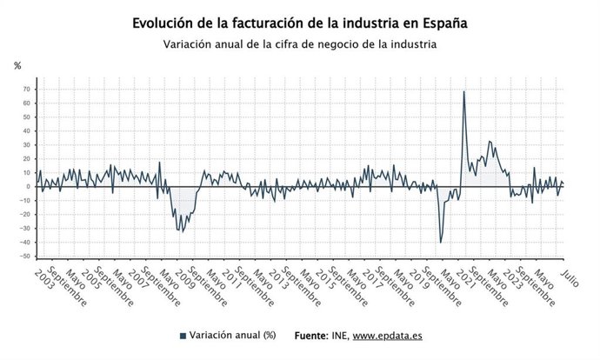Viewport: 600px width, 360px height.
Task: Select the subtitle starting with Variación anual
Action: point(299,44)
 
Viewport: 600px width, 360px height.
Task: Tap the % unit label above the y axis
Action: point(17,65)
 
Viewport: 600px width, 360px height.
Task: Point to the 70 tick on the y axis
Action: point(26,90)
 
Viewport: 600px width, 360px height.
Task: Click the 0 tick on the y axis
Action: point(29,187)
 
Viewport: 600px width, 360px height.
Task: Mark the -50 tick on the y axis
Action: point(25,257)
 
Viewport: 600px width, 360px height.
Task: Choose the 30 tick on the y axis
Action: point(26,145)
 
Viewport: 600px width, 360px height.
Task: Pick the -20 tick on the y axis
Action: point(25,215)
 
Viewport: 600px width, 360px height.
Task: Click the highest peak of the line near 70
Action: point(463,92)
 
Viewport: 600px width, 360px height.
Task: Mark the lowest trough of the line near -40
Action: point(441,242)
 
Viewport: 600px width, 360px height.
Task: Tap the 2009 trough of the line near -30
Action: point(181,231)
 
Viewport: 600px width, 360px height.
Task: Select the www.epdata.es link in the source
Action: point(387,336)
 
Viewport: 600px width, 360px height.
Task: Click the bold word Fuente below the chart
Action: point(311,336)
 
